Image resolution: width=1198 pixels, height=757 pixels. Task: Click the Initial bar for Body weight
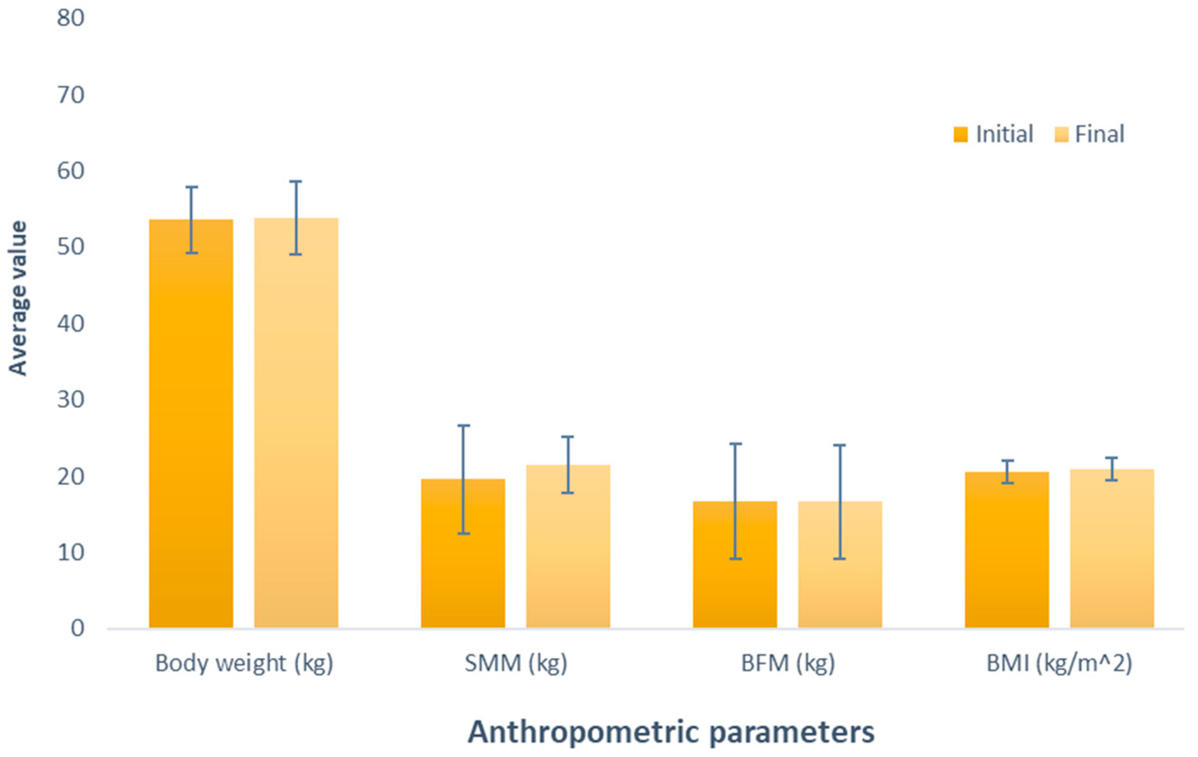pyautogui.click(x=191, y=423)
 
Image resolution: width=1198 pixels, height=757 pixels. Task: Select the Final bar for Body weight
pyautogui.click(x=296, y=423)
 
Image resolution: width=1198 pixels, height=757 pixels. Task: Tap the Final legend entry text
pyautogui.click(x=1099, y=134)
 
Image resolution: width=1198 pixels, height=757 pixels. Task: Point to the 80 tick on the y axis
pyautogui.click(x=71, y=19)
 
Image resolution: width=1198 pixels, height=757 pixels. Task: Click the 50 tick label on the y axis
pyautogui.click(x=71, y=247)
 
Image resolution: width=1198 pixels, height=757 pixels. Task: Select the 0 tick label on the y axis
pyautogui.click(x=77, y=629)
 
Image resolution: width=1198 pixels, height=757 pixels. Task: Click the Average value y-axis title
pyautogui.click(x=18, y=299)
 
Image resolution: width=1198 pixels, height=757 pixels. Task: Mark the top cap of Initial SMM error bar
pyautogui.click(x=463, y=426)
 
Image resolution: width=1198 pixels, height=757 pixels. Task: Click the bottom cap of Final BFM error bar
pyautogui.click(x=840, y=559)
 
